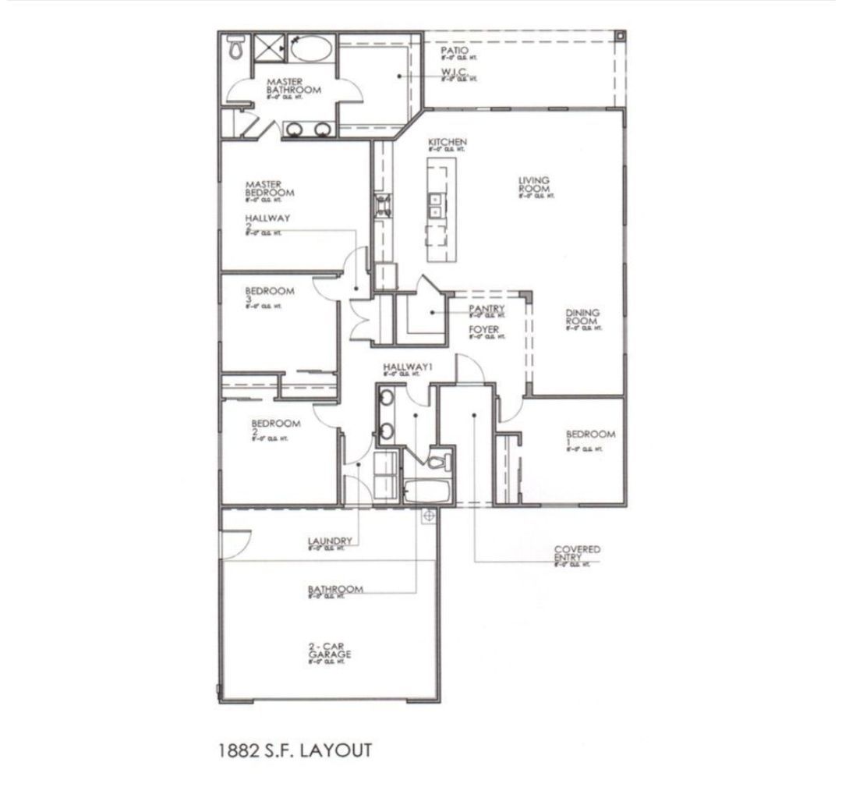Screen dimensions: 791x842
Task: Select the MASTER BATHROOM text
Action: pos(293,86)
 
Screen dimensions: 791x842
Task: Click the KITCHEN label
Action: pos(447,143)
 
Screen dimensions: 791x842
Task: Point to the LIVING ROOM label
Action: pos(534,185)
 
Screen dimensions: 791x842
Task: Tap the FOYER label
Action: pos(483,330)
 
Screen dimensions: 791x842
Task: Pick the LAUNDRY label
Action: pos(331,541)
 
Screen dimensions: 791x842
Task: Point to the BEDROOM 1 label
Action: pos(590,438)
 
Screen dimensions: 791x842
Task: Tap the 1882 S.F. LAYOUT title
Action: pos(296,750)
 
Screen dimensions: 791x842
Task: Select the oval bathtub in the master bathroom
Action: pos(311,48)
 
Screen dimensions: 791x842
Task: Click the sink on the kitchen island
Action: pos(433,205)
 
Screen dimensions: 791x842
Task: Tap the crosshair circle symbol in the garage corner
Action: pos(428,516)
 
